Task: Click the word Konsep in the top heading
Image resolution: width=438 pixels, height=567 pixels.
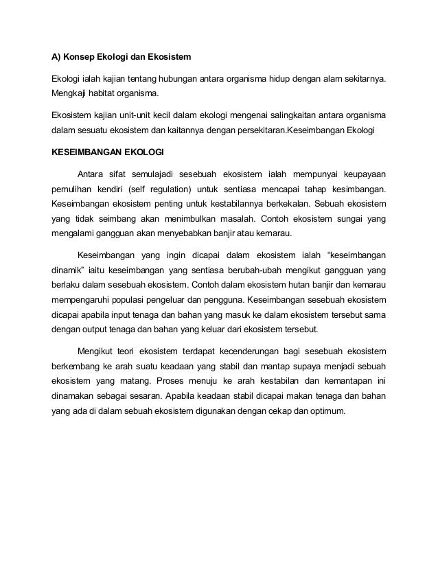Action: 82,56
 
